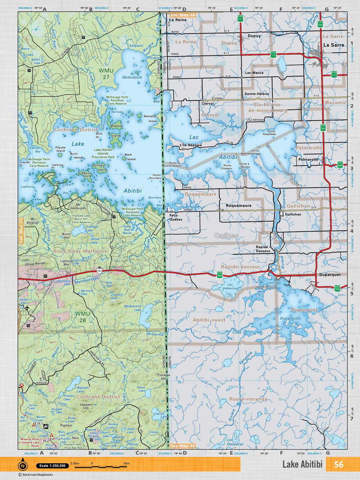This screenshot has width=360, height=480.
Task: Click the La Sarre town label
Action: tap(334, 45)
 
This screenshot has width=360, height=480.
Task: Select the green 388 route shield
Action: tap(220, 274)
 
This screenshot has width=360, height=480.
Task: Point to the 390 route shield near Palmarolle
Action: tap(340, 165)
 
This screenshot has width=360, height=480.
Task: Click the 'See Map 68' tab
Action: tap(183, 15)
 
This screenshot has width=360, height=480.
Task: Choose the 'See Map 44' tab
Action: tap(183, 446)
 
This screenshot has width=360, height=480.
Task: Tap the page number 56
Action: tap(338, 464)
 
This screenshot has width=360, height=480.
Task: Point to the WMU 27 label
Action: tap(106, 74)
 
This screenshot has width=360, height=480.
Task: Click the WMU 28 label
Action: tap(82, 317)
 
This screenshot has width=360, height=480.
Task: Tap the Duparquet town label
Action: tap(330, 274)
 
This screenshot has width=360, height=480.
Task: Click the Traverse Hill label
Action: tap(163, 377)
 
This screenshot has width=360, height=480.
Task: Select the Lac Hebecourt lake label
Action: tap(230, 286)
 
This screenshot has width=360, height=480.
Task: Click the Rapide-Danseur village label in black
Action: tap(263, 249)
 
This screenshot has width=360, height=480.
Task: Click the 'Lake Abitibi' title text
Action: tap(302, 464)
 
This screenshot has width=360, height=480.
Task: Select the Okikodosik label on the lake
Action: tap(132, 77)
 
